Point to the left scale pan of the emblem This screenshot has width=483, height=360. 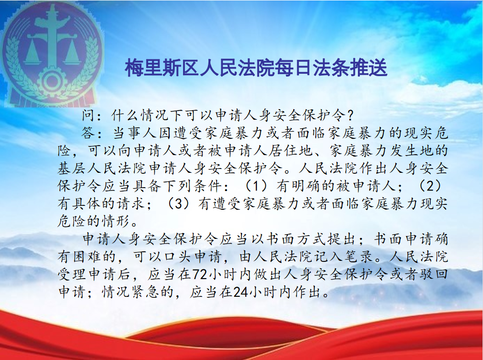point(32,57)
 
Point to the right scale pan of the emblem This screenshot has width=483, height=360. point(72,57)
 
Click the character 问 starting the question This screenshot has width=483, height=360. point(88,116)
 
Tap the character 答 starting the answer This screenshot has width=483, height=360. point(88,133)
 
